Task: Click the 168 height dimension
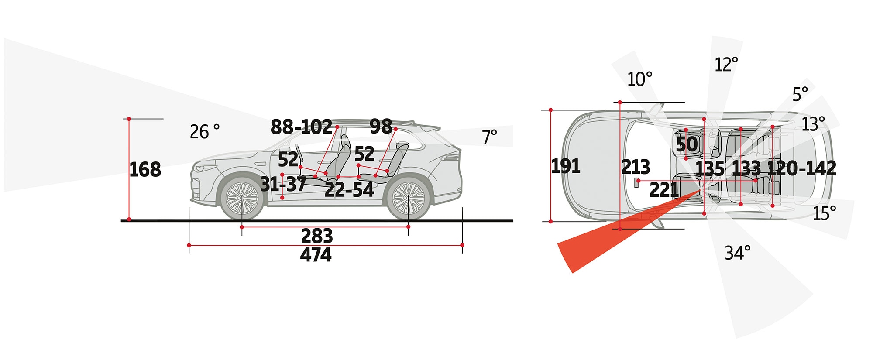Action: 145,169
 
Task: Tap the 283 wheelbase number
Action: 317,236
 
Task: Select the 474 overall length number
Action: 316,254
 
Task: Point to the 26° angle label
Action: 205,132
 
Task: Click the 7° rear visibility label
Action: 490,137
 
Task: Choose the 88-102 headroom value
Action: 302,127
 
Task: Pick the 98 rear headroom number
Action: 381,127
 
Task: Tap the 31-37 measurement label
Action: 283,184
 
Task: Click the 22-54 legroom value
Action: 349,190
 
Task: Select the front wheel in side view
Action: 242,198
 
